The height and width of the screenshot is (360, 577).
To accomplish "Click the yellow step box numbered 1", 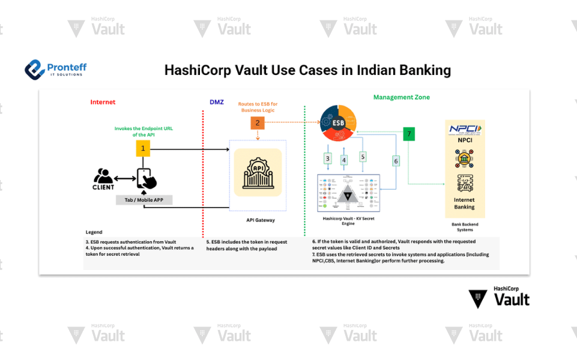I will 143,148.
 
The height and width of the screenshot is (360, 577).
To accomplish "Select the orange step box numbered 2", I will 257,122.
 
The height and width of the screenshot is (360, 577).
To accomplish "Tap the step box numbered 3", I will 327,158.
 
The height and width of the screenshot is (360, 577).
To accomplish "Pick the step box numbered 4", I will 344,160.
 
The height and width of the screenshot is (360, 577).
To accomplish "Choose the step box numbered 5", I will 363,156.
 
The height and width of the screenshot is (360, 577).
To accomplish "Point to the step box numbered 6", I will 396,161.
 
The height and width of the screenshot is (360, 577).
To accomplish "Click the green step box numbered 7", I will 409,134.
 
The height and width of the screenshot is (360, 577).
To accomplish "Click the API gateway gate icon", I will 258,172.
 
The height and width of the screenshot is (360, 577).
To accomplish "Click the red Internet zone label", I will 103,102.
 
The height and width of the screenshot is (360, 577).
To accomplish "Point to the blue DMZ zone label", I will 217,102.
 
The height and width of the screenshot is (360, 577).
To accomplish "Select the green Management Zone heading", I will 401,97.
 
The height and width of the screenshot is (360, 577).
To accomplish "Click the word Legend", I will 94,232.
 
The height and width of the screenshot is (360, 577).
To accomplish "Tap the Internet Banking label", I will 464,203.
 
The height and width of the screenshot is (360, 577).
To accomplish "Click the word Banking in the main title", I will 425,70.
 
